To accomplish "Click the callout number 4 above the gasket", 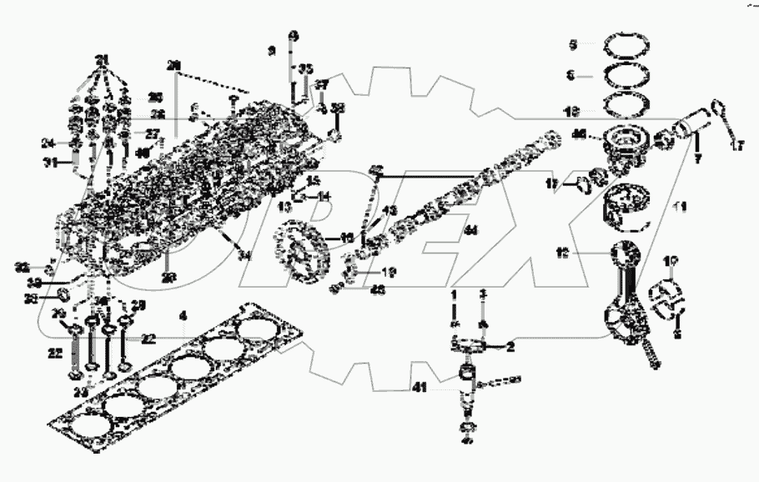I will pos(184,316).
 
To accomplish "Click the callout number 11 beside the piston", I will pos(679,205).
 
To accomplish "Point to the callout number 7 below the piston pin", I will pos(697,158).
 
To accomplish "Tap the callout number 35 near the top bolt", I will pos(306,68).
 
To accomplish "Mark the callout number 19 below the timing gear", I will pos(389,272).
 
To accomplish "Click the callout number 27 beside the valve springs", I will pos(152,133).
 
